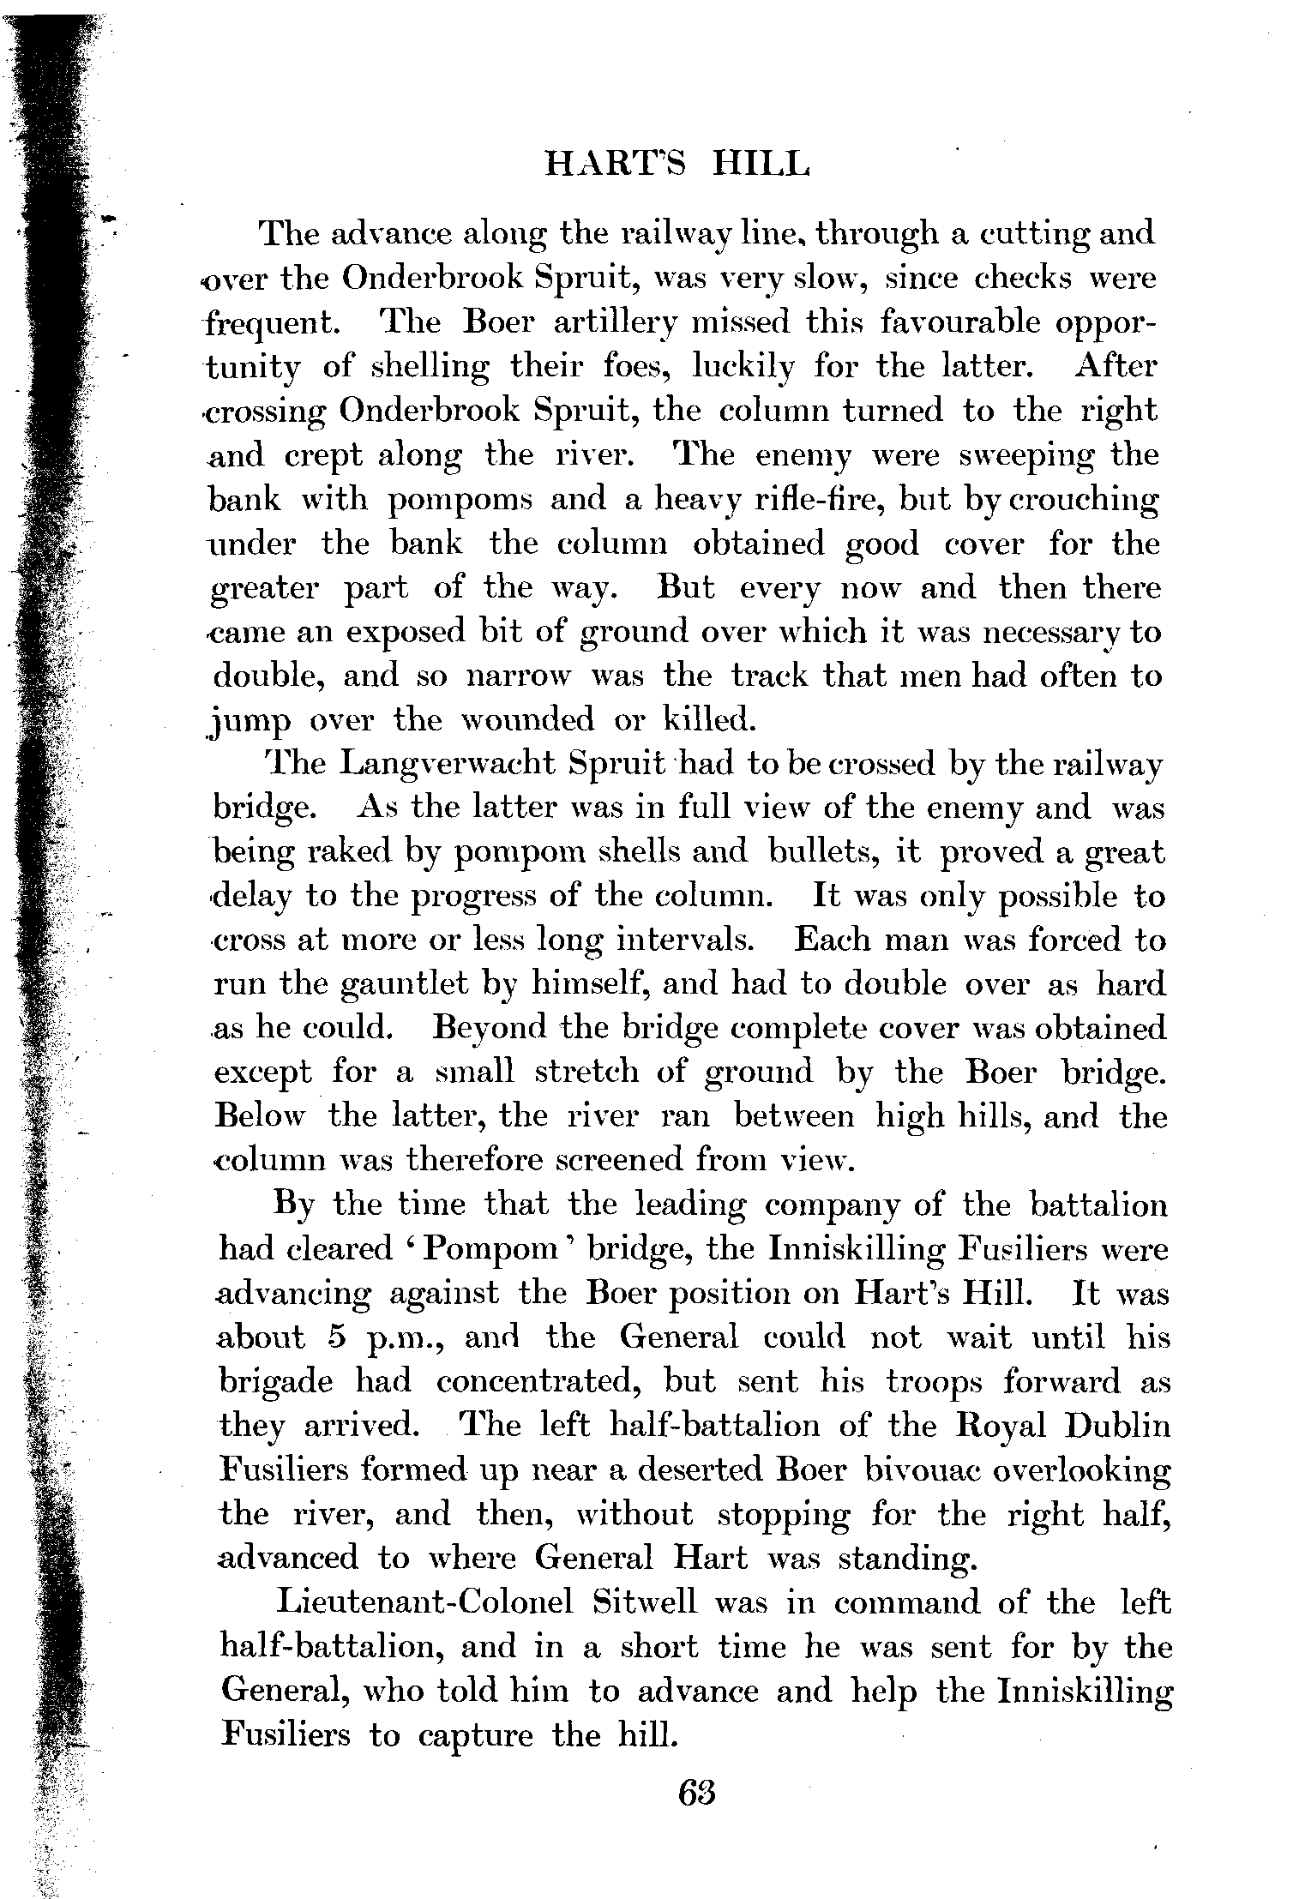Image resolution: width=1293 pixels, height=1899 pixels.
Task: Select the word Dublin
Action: pos(1118,1425)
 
